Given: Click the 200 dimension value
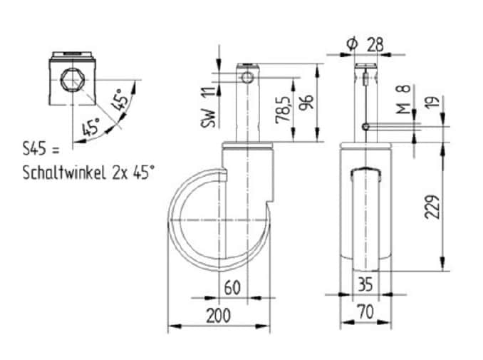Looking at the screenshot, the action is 218,315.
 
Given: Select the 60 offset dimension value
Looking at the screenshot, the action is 232,287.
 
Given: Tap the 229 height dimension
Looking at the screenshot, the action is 432,207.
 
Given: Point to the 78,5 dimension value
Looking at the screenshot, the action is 284,110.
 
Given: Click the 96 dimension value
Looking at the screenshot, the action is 307,102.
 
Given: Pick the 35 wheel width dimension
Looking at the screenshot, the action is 365,284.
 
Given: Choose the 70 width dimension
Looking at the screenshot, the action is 366,312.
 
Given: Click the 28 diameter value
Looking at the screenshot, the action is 375,45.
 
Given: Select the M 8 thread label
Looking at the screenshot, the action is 403,98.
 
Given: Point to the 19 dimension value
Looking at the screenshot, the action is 433,101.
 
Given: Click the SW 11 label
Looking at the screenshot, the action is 209,107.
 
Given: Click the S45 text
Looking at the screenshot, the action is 35,149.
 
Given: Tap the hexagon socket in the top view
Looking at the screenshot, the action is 73,80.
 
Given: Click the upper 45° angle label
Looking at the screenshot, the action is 119,99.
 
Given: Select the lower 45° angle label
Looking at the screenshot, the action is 91,126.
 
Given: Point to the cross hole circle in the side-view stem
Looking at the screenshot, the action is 247,78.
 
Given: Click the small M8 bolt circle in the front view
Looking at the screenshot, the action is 365,127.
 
